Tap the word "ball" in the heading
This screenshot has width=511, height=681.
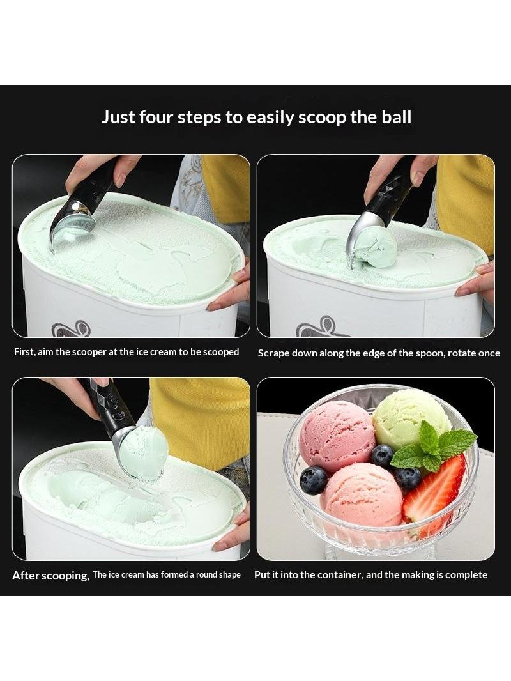[x=397, y=118]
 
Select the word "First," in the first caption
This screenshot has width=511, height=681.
[x=24, y=352]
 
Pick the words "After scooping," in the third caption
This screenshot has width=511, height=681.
[x=51, y=576]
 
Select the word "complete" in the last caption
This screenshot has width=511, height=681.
[x=466, y=575]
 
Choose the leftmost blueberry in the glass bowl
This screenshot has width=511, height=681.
[x=313, y=480]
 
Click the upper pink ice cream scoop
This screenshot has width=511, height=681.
[x=337, y=436]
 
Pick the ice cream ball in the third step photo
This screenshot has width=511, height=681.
[x=143, y=452]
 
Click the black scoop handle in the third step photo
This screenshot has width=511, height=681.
[x=108, y=403]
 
